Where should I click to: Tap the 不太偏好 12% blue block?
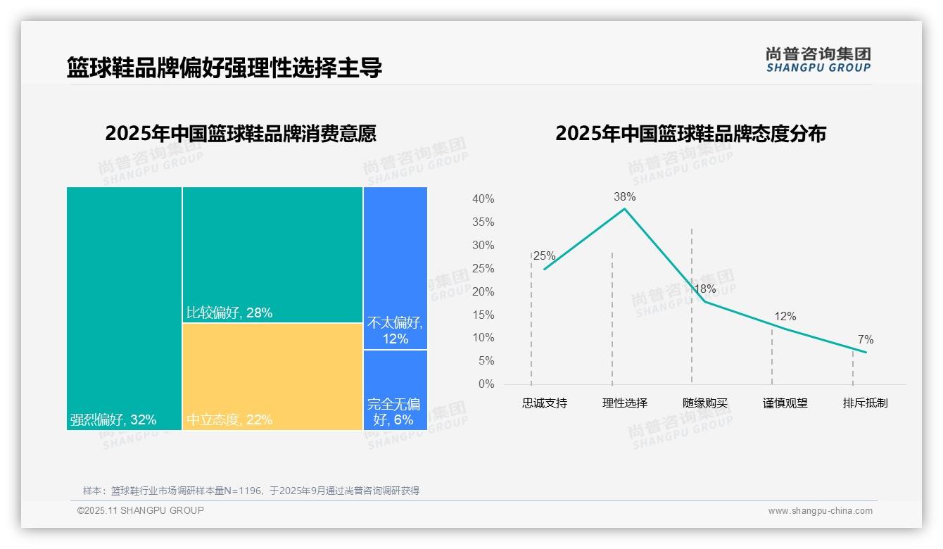click(395, 267)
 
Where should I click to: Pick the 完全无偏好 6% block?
click(395, 389)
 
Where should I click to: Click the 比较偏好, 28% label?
click(229, 313)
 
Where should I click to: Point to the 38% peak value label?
click(624, 196)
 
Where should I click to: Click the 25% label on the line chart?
click(544, 255)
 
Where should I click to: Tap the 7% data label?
click(866, 340)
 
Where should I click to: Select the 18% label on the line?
click(704, 289)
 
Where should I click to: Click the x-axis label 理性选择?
click(625, 403)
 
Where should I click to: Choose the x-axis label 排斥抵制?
click(866, 403)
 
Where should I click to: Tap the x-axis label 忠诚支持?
click(545, 403)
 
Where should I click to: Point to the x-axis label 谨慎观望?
click(785, 403)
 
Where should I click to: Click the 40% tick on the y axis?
click(483, 199)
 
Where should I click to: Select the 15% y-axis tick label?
click(483, 315)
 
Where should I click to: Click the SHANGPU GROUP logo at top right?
click(818, 60)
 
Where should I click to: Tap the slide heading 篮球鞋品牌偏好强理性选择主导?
click(224, 68)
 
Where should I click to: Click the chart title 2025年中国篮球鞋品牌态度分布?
click(690, 134)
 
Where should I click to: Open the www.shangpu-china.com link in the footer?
click(820, 511)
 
